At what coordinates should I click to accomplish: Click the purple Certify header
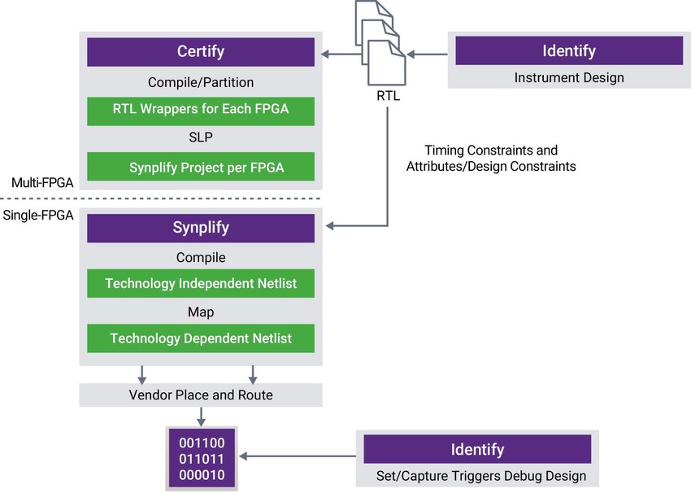tap(201, 52)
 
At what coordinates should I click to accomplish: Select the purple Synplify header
tap(201, 228)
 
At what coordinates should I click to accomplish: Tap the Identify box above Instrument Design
tap(568, 51)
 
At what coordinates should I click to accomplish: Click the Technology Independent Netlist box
tap(201, 284)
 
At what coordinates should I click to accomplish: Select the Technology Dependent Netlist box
tap(201, 338)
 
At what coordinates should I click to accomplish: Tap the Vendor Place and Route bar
tap(201, 395)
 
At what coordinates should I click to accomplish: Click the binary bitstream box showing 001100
tap(201, 459)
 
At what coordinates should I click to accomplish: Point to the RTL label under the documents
tap(387, 96)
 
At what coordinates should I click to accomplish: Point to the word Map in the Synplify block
tap(201, 311)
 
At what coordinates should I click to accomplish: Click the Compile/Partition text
tap(201, 82)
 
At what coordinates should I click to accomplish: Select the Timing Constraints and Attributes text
tap(491, 158)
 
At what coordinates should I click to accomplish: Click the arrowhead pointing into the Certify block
tap(325, 55)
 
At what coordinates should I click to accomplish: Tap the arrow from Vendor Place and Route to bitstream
tap(201, 417)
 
